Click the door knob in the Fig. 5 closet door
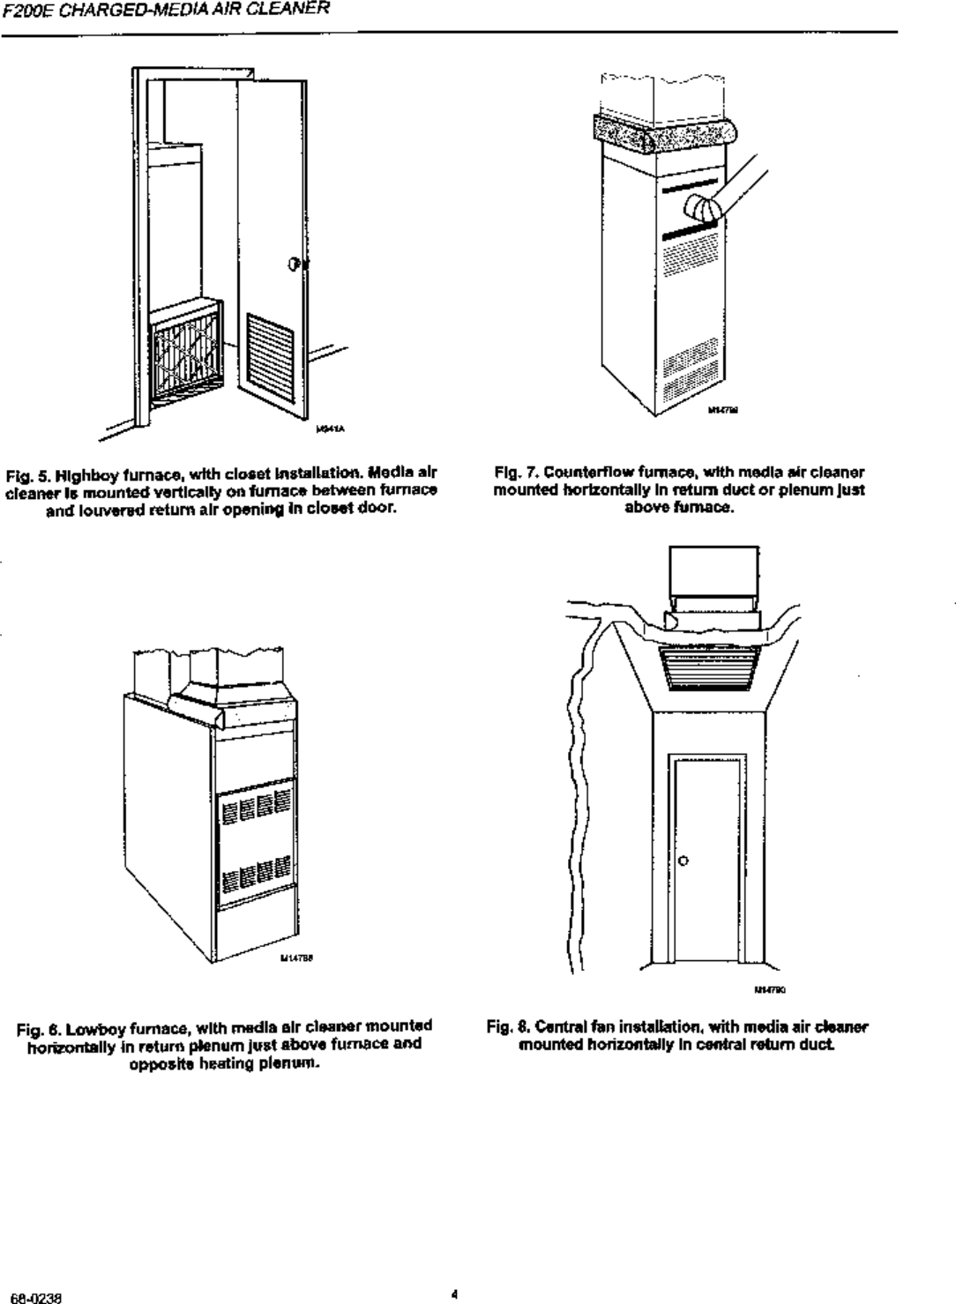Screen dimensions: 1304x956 (x=295, y=264)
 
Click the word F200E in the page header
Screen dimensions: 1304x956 (x=22, y=11)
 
